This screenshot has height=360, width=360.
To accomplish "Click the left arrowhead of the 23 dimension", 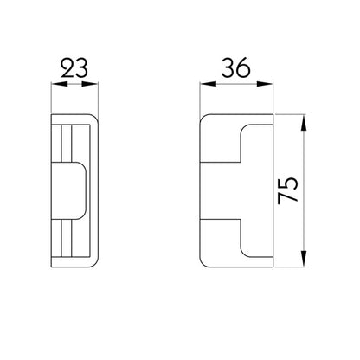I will tap(56, 83).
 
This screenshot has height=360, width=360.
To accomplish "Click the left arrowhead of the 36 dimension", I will tap(204, 83).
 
